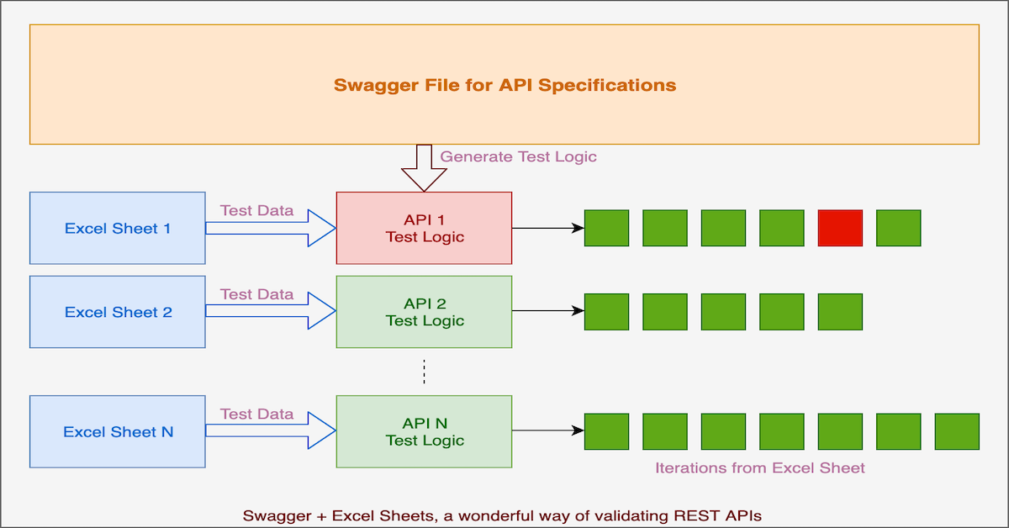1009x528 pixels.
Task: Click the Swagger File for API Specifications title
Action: [504, 85]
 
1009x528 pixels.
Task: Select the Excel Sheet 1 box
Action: [118, 228]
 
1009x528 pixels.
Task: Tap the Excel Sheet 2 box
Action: [118, 312]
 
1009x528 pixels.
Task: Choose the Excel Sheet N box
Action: [118, 431]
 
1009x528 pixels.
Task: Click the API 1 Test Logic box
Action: [424, 228]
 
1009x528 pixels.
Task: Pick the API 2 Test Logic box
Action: [424, 312]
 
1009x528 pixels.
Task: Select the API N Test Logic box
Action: [424, 431]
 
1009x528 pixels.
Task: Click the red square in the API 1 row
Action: [840, 228]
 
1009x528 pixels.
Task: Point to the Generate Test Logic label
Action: [518, 156]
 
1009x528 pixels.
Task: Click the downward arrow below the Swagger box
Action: [424, 168]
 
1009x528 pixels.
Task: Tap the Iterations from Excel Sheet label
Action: [760, 467]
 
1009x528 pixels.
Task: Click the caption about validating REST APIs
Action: [502, 515]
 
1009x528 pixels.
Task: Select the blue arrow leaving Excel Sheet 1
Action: [271, 228]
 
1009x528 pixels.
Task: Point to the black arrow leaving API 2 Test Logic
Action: [547, 311]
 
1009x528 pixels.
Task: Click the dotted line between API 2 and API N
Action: [424, 372]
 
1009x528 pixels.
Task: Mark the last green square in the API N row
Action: [957, 431]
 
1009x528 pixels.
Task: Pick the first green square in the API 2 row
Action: [606, 312]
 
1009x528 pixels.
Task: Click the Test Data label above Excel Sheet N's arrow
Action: [256, 414]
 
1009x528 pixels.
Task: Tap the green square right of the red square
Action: [899, 228]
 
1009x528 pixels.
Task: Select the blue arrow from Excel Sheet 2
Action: [271, 311]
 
